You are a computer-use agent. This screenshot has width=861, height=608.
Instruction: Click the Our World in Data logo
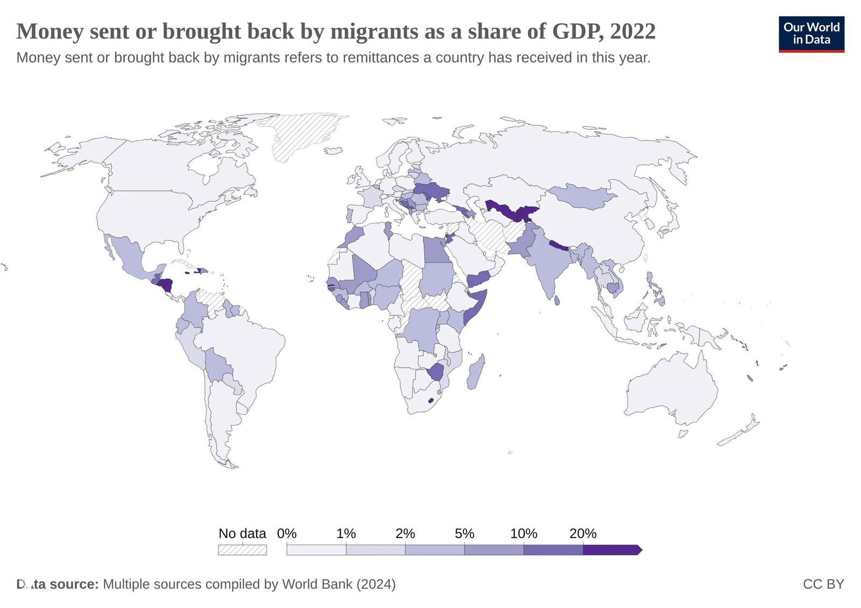[x=811, y=34]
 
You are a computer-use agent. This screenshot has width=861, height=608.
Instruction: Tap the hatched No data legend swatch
[x=242, y=550]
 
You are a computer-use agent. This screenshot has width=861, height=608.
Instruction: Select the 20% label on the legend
[x=583, y=534]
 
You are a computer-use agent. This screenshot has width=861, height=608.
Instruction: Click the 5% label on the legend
[x=464, y=534]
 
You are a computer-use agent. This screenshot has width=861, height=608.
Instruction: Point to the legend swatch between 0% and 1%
[x=316, y=550]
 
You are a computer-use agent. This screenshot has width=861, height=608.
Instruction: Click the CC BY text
[x=823, y=584]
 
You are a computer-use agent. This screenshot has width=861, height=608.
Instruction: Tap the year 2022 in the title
[x=633, y=31]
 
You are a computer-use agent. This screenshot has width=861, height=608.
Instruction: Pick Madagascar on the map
[x=475, y=373]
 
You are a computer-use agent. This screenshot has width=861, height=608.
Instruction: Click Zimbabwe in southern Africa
[x=436, y=372]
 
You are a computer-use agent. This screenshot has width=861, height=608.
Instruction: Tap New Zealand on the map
[x=740, y=434]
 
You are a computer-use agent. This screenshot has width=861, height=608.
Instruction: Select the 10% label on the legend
[x=524, y=534]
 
